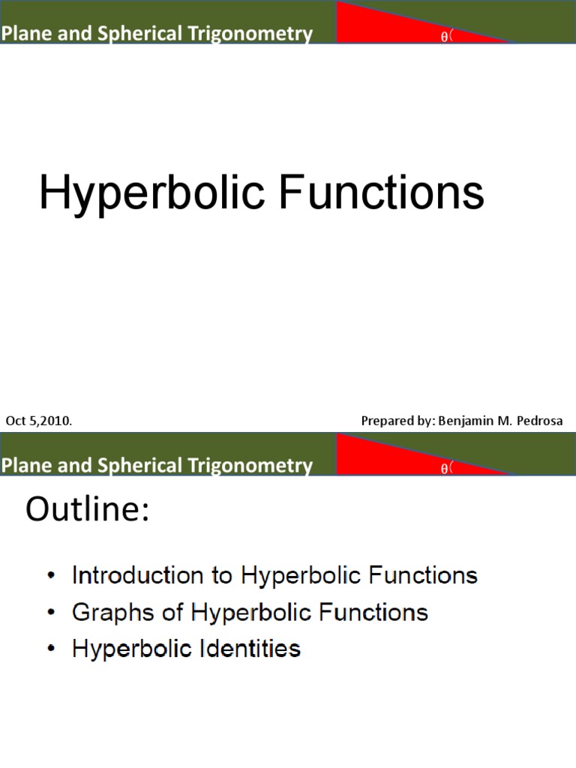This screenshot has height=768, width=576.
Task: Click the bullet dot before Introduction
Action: [50, 576]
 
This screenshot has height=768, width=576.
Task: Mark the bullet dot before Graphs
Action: [50, 612]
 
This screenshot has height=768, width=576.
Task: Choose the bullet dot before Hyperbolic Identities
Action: [50, 648]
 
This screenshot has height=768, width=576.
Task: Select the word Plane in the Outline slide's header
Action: [22, 466]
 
